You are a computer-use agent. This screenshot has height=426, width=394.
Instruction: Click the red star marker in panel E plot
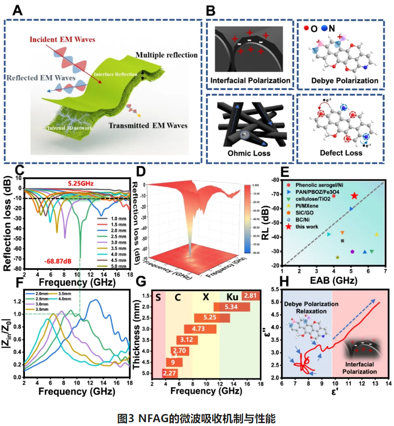tap(354, 196)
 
